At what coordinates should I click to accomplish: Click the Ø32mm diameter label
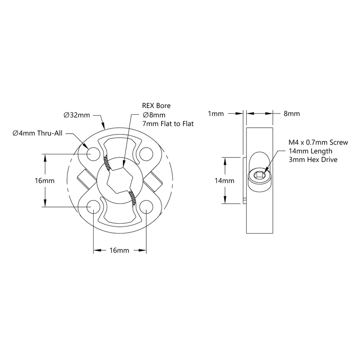coord(76,115)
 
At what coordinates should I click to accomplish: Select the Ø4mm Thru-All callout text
coord(37,133)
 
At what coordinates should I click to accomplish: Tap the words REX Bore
coord(156,106)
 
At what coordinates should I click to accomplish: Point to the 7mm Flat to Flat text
coord(168,124)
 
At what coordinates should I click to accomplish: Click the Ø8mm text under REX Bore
coord(154,115)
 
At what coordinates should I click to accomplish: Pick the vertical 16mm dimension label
coord(45,181)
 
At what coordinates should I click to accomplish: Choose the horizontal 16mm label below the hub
coord(119,250)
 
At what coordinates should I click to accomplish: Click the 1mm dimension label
coord(216,114)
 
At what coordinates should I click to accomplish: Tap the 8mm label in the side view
coord(292,114)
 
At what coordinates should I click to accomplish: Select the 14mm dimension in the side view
coord(224,181)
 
